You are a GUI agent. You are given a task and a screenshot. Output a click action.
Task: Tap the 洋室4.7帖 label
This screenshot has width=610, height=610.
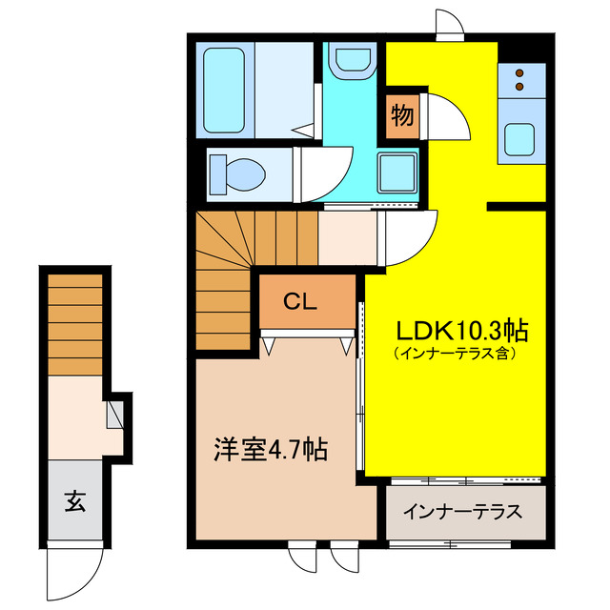270,449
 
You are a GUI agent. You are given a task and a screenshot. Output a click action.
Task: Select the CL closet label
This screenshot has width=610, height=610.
301,302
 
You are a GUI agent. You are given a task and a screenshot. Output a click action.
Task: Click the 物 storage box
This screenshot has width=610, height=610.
401,116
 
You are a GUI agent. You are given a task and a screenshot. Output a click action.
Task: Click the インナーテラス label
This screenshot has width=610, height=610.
462,512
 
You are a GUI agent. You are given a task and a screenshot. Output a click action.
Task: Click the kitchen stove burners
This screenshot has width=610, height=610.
520,82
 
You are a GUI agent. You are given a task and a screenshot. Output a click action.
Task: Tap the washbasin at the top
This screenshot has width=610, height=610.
352,62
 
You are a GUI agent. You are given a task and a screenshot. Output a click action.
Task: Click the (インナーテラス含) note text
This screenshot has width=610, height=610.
454,353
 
